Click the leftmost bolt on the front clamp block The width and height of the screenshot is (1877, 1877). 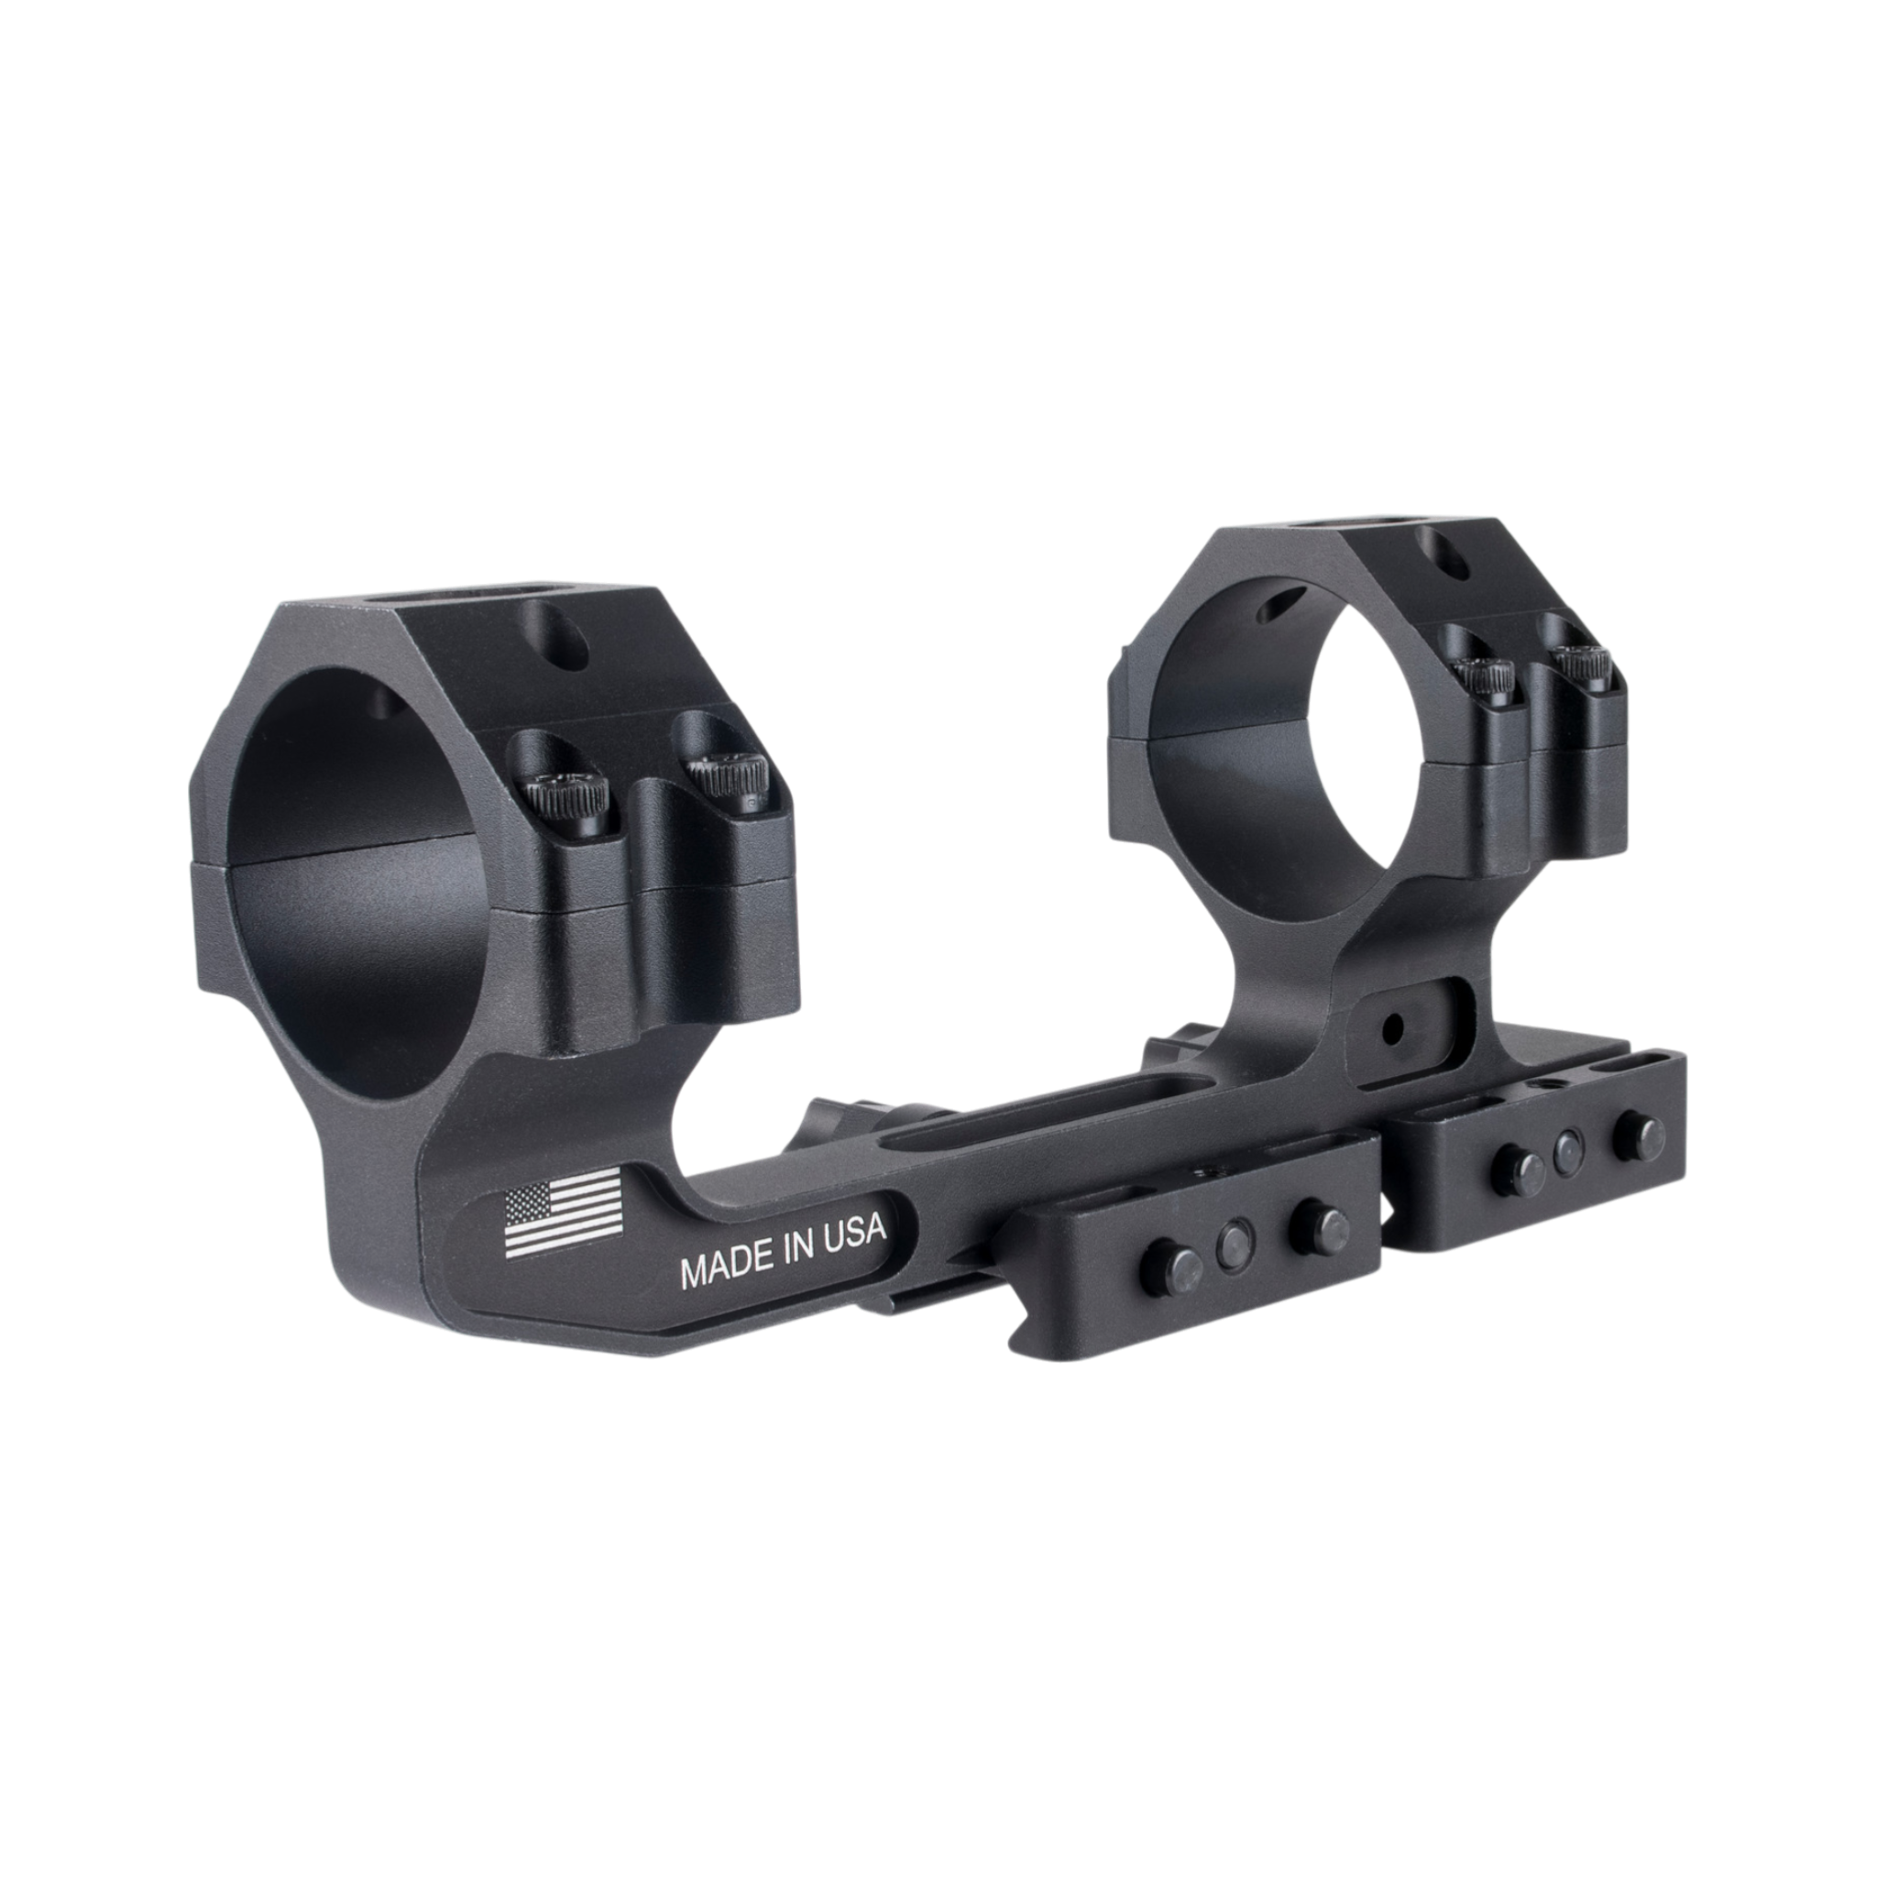click(x=1182, y=1265)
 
